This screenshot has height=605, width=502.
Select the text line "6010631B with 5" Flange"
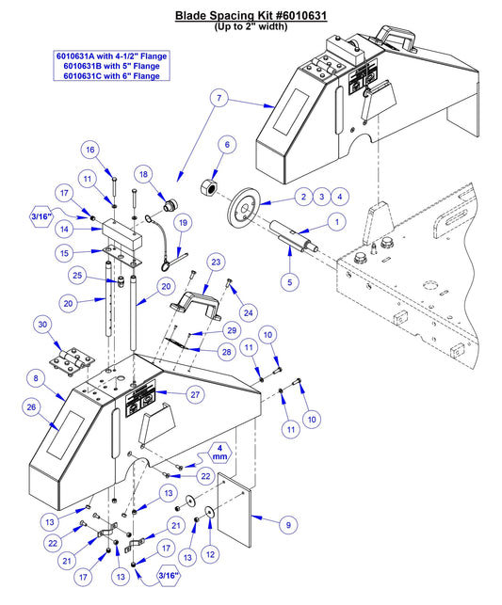pyautogui.click(x=111, y=66)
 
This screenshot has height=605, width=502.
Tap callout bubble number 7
pyautogui.click(x=219, y=99)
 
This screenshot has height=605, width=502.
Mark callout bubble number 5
pyautogui.click(x=289, y=279)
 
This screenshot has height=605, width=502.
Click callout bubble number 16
pyautogui.click(x=114, y=151)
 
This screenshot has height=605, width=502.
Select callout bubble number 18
pyautogui.click(x=143, y=174)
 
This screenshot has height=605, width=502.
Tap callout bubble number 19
pyautogui.click(x=183, y=222)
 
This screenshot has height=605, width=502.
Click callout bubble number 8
pyautogui.click(x=36, y=377)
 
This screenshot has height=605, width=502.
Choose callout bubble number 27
pyautogui.click(x=195, y=394)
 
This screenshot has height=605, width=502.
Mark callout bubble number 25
pyautogui.click(x=80, y=275)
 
